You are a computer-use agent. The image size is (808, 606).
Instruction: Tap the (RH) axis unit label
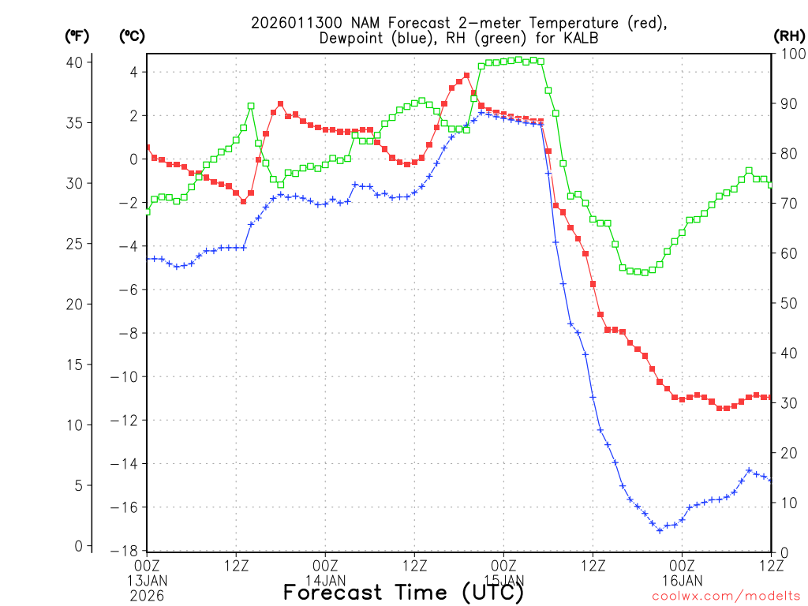[788, 36]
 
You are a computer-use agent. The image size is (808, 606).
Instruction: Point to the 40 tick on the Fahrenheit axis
[77, 62]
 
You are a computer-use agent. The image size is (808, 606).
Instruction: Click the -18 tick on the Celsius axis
[126, 551]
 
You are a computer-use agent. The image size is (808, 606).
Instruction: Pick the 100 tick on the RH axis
[790, 54]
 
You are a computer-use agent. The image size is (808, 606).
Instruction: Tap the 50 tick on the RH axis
[787, 303]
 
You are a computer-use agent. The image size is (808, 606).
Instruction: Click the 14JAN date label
[325, 579]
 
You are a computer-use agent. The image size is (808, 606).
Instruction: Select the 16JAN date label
[682, 579]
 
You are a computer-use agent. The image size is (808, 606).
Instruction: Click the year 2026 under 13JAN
[147, 593]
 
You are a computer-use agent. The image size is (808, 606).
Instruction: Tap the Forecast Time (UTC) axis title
[403, 593]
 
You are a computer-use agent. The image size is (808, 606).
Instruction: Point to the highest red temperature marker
[467, 76]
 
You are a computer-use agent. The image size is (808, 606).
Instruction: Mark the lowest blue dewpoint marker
[660, 530]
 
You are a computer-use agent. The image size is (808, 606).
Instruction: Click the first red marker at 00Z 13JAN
[148, 147]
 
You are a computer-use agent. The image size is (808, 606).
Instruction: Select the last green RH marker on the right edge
[771, 185]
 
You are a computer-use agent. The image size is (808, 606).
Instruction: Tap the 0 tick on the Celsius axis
[133, 159]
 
